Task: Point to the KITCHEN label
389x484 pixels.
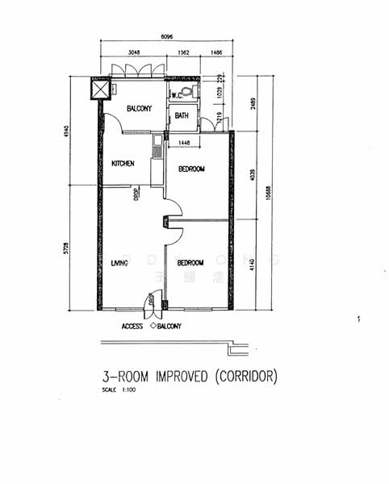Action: pyautogui.click(x=123, y=165)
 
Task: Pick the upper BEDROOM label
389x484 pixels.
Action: pyautogui.click(x=191, y=169)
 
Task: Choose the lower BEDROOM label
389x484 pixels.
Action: pyautogui.click(x=190, y=263)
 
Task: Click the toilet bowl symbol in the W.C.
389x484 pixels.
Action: pyautogui.click(x=188, y=90)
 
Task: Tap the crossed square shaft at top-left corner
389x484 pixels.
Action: pyautogui.click(x=101, y=87)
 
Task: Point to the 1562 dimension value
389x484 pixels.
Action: pyautogui.click(x=183, y=52)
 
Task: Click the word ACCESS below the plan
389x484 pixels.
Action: pyautogui.click(x=132, y=327)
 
